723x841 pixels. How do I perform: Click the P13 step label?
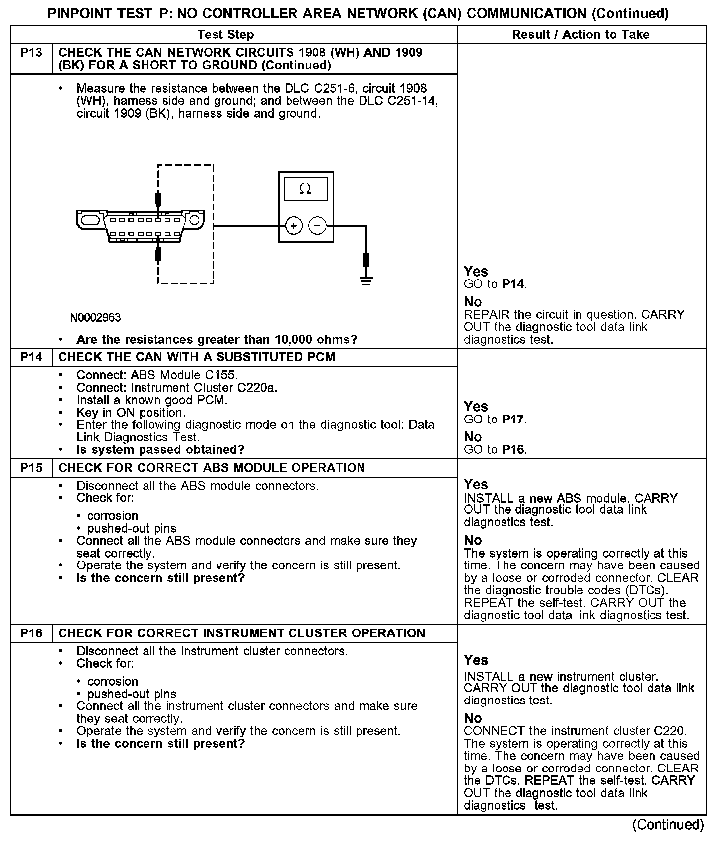pyautogui.click(x=31, y=53)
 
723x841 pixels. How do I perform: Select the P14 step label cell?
pyautogui.click(x=31, y=357)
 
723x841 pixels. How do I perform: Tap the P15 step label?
pyautogui.click(x=31, y=468)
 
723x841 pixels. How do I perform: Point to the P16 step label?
pyautogui.click(x=31, y=633)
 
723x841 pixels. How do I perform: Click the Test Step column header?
pyautogui.click(x=225, y=35)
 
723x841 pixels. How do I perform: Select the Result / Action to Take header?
pyautogui.click(x=580, y=35)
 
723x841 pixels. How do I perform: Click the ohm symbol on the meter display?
pyautogui.click(x=305, y=189)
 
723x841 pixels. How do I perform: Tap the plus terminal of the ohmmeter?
pyautogui.click(x=294, y=226)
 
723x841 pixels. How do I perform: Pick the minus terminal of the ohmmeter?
pyautogui.click(x=318, y=226)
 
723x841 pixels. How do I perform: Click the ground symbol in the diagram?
pyautogui.click(x=366, y=281)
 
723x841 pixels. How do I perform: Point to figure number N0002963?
pyautogui.click(x=95, y=317)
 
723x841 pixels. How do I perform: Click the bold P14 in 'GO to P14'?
pyautogui.click(x=513, y=284)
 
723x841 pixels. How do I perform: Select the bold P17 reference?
pyautogui.click(x=513, y=420)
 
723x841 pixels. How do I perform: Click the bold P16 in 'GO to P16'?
pyautogui.click(x=513, y=450)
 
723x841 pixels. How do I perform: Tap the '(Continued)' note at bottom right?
pyautogui.click(x=668, y=825)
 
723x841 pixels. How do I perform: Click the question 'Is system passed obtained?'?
pyautogui.click(x=160, y=450)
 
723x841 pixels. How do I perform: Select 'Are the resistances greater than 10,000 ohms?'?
pyautogui.click(x=217, y=340)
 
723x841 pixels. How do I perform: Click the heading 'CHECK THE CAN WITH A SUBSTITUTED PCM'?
pyautogui.click(x=197, y=357)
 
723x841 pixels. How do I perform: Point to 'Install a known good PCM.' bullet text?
pyautogui.click(x=152, y=400)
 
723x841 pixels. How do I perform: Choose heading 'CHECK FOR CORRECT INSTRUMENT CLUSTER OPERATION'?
pyautogui.click(x=241, y=633)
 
